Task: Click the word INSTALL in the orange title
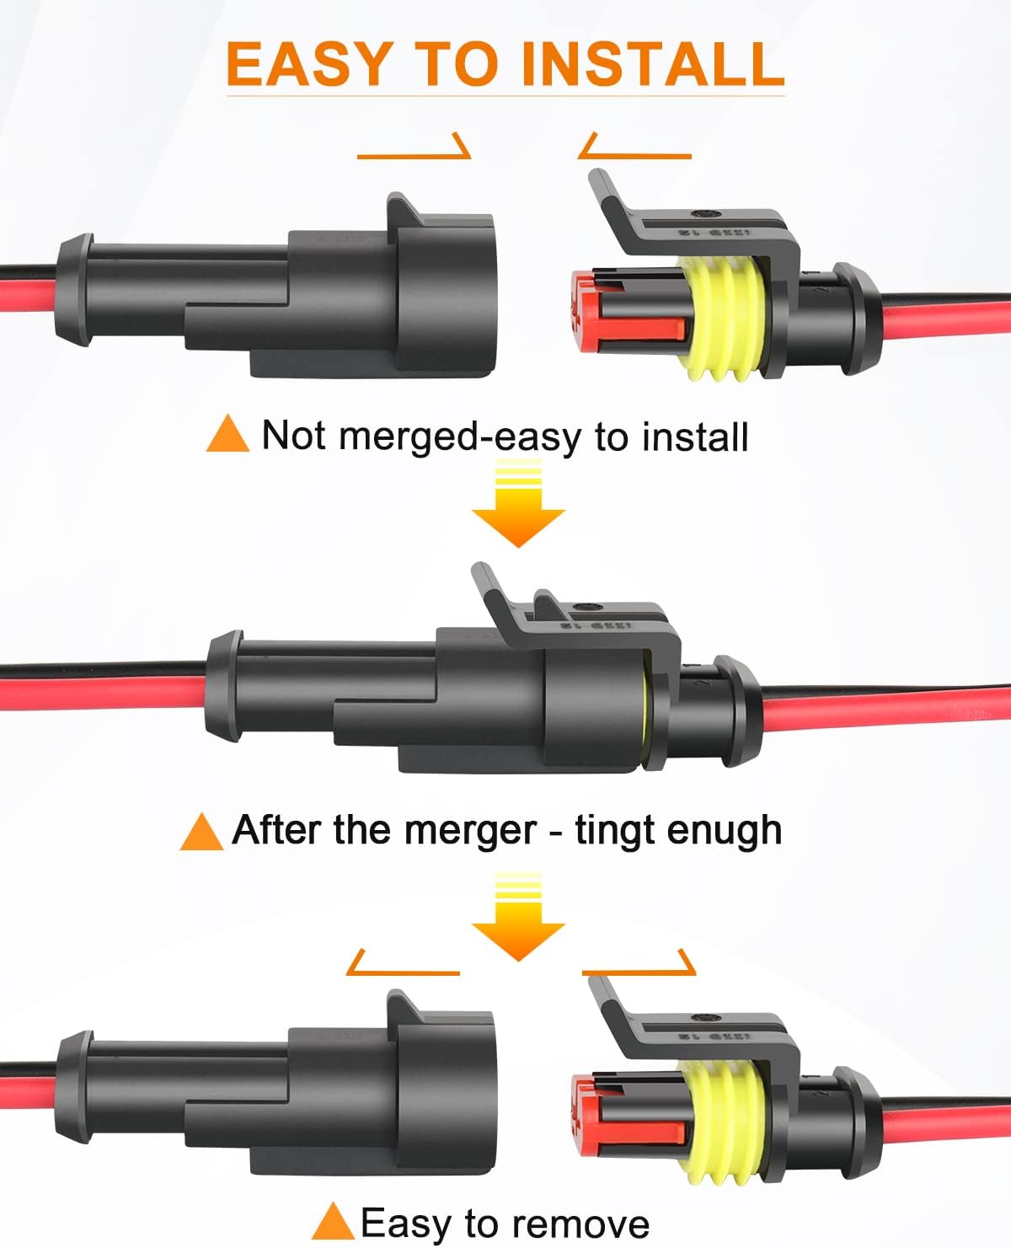click(653, 64)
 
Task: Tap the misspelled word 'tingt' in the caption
click(614, 830)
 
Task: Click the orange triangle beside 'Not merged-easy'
click(227, 435)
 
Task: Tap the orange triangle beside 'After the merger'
click(201, 832)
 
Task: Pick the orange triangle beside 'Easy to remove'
click(332, 1222)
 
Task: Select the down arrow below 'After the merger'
click(517, 919)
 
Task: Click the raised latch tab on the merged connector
click(497, 594)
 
